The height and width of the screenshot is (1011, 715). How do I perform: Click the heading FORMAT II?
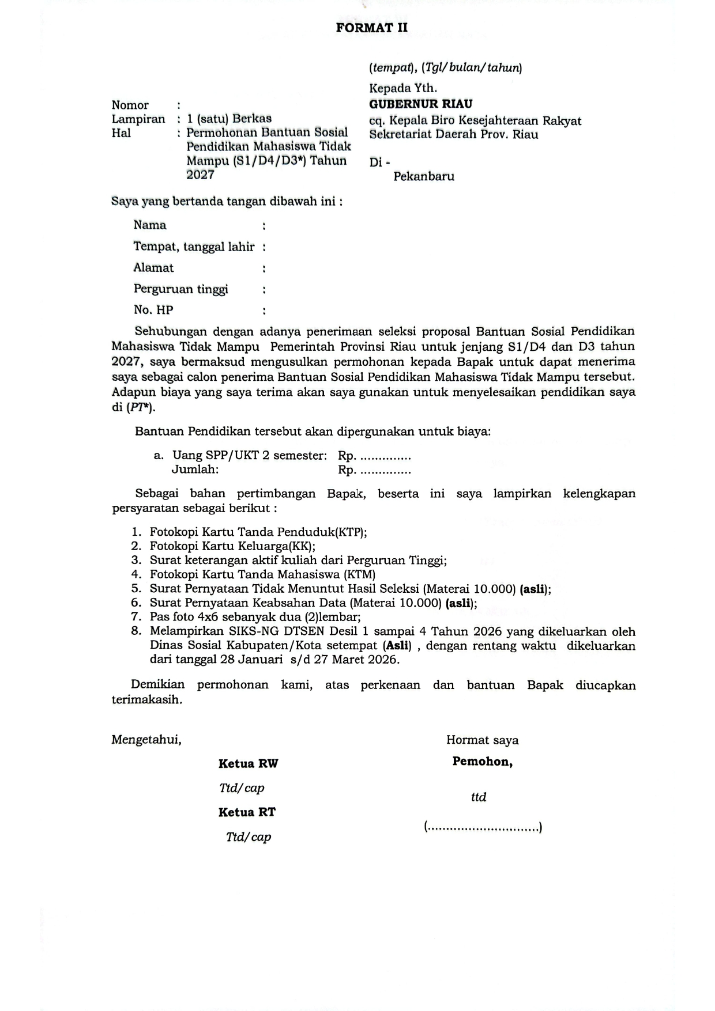point(372,28)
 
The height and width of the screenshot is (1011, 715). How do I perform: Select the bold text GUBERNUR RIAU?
point(420,104)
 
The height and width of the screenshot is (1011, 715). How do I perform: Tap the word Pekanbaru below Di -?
point(424,177)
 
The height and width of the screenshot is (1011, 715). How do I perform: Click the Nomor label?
point(130,105)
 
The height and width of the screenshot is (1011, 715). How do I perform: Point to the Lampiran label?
point(138,119)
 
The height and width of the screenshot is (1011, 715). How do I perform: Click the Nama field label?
point(150,225)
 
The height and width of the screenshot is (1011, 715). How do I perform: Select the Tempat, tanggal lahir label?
point(194,247)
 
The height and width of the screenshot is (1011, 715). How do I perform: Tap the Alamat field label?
point(153,268)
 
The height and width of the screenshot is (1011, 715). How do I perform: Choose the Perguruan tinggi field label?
point(180,289)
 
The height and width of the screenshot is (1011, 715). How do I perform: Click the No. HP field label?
point(153,310)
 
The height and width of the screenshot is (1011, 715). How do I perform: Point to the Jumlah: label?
point(195,469)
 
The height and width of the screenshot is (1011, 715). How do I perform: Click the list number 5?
point(136,589)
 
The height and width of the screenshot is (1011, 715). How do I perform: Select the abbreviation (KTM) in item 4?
point(359,574)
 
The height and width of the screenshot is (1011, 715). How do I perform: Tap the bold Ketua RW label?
point(248,764)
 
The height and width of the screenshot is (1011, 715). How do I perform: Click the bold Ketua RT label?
point(247,812)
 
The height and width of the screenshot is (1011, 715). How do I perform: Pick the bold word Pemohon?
point(483,762)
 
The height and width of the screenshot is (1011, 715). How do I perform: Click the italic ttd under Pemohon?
point(479,797)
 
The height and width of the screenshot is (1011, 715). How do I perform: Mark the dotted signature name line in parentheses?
point(483,828)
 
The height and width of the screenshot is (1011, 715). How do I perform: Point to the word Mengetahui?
point(146,740)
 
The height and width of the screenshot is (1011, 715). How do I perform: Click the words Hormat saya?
point(482,740)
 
